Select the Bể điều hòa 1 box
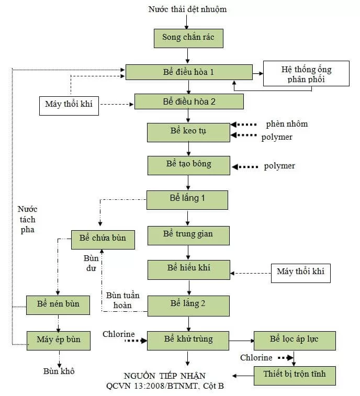point(188,72)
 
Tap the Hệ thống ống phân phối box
point(306,74)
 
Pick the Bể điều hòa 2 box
point(189,101)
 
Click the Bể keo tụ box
point(188,132)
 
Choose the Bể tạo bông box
point(188,165)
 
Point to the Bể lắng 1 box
point(187,199)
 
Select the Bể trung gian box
point(188,234)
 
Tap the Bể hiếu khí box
point(188,269)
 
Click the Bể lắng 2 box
point(188,305)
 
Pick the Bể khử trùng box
point(188,340)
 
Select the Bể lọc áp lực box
point(294,340)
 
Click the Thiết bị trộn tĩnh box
point(294,375)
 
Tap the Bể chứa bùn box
point(103,239)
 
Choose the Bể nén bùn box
point(59,304)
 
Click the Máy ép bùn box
point(59,340)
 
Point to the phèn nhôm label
point(287,125)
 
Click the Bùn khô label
point(59,371)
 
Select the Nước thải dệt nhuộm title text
point(187,9)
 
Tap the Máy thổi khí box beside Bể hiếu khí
point(301,272)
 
